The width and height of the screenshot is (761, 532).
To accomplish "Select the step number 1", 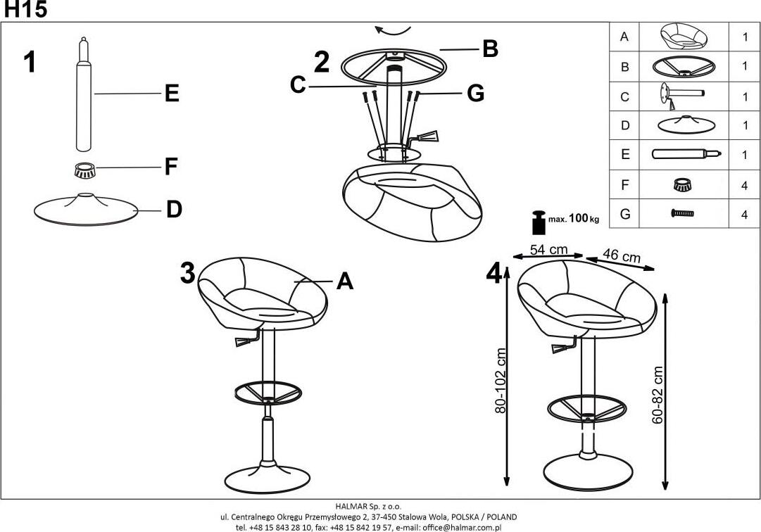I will coord(29,63).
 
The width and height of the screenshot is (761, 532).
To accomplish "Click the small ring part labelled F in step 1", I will coord(85,170).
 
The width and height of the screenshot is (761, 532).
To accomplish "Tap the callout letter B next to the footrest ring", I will coord(491,49).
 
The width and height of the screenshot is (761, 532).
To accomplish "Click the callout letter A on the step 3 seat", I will coord(344,281).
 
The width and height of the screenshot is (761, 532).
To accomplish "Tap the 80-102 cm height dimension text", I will coord(501,381).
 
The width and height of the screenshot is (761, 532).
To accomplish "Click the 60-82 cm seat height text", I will coord(658,395).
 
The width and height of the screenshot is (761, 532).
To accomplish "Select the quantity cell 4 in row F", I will coord(744,185).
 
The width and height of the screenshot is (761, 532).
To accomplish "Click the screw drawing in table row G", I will coord(682,214).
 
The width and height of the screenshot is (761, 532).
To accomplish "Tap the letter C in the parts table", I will coord(624,96).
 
